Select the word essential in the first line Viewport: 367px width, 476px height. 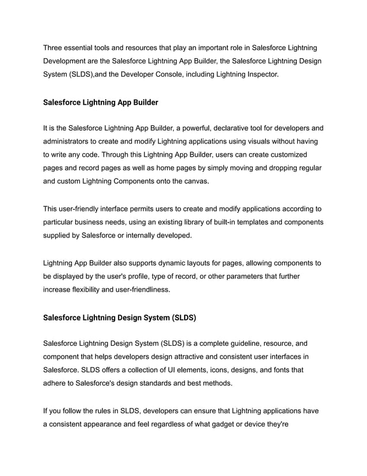pyautogui.click(x=86, y=47)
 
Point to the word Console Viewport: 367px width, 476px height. pyautogui.click(x=170, y=74)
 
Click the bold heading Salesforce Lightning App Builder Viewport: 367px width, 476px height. pyautogui.click(x=101, y=103)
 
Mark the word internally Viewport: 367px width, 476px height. pyautogui.click(x=159, y=236)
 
